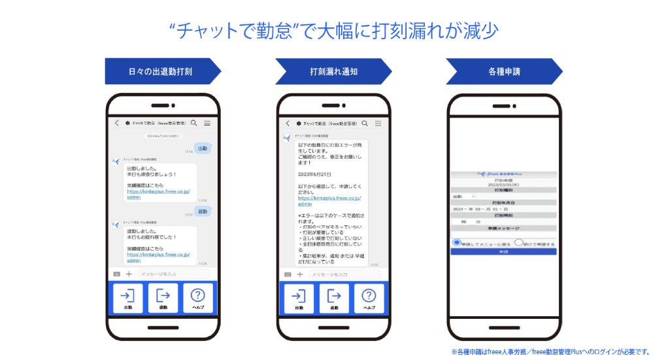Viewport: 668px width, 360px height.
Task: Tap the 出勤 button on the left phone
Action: click(128, 298)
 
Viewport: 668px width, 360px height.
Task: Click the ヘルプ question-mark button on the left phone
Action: click(197, 298)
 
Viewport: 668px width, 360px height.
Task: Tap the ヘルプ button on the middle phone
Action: click(369, 298)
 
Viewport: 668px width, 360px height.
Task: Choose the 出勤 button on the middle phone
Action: click(299, 298)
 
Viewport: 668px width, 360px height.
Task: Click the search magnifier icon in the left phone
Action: click(194, 123)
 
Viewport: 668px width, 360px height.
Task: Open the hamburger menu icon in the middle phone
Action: click(378, 123)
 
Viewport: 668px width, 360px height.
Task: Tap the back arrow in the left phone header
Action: click(117, 123)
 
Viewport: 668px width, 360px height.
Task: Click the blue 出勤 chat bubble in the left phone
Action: click(203, 148)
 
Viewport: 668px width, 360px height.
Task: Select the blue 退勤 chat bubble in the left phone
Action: click(203, 212)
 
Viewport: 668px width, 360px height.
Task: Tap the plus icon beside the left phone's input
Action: click(129, 274)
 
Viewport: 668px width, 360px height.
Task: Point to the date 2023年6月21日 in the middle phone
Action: click(315, 175)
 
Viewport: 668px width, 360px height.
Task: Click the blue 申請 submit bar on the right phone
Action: click(503, 252)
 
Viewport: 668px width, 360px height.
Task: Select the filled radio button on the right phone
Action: click(456, 242)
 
